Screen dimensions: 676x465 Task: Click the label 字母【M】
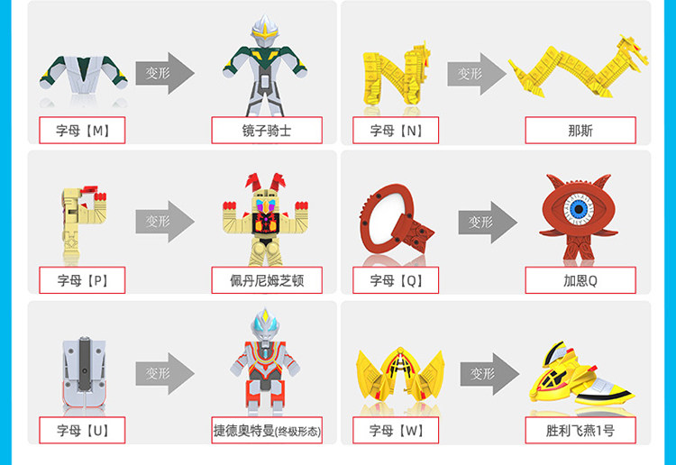tap(82, 130)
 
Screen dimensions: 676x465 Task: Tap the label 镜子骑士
tap(267, 130)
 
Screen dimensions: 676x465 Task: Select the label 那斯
tap(580, 130)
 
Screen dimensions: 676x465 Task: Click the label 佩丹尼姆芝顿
tap(267, 280)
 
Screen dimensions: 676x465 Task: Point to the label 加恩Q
tap(580, 280)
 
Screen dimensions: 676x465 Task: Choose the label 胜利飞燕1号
tap(580, 430)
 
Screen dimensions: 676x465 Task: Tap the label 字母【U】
tap(82, 430)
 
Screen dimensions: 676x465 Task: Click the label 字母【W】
tap(396, 430)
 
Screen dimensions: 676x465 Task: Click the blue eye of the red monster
tap(579, 209)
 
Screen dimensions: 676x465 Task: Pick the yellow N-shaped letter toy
tap(396, 76)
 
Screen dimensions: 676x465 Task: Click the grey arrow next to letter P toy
tap(165, 221)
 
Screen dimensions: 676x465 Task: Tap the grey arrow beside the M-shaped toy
tap(165, 73)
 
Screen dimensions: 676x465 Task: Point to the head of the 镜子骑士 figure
tap(264, 32)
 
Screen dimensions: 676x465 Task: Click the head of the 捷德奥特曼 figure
tap(265, 325)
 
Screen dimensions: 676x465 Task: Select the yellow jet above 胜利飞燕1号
tap(581, 376)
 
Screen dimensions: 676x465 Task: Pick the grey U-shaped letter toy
tap(84, 373)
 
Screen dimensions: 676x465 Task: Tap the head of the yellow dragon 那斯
tap(633, 50)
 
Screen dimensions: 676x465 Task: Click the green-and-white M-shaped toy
tap(84, 74)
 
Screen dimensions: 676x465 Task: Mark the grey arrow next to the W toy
tap(489, 374)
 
